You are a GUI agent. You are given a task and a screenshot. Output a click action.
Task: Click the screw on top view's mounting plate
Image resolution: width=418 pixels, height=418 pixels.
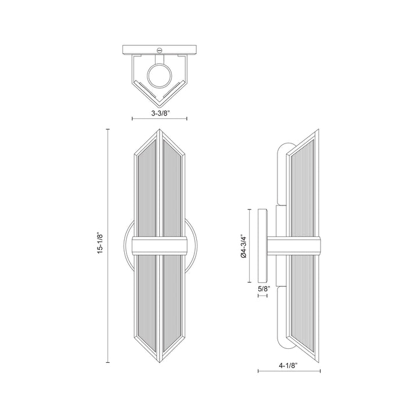[x=160, y=50]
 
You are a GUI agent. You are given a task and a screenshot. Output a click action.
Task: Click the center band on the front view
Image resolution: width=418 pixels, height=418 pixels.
[x=160, y=246]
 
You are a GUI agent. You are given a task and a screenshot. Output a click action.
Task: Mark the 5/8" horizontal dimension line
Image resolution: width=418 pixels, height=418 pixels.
[x=261, y=295]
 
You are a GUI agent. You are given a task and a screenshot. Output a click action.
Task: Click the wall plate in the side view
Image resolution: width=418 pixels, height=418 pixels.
[x=263, y=246]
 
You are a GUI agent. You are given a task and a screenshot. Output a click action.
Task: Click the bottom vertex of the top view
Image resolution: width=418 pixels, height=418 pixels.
[x=160, y=98]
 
